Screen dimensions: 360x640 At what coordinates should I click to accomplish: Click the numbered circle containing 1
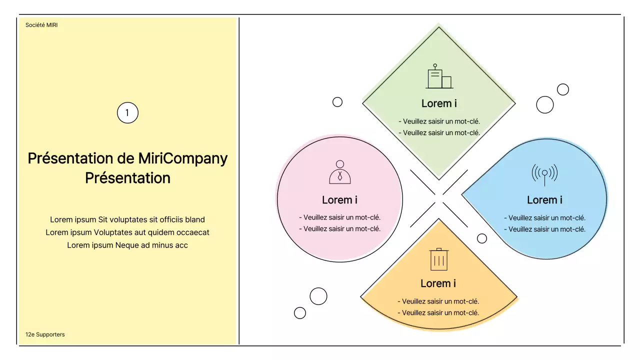click(x=127, y=113)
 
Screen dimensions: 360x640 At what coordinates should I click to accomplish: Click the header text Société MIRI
click(x=41, y=24)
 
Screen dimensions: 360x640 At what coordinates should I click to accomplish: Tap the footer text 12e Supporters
click(x=45, y=334)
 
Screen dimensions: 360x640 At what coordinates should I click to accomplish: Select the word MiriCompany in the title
click(x=183, y=158)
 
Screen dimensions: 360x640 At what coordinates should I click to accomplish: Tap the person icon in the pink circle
click(x=340, y=172)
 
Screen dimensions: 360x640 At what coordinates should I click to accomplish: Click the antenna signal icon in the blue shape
click(x=544, y=173)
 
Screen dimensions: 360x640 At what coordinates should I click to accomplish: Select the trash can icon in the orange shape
click(x=439, y=259)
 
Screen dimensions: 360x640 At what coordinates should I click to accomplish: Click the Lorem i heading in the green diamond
click(x=439, y=103)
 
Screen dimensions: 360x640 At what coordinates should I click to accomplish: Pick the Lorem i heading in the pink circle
click(x=339, y=200)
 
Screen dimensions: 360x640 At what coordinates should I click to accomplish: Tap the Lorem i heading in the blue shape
click(x=544, y=200)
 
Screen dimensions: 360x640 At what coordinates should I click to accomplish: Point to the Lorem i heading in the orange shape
click(x=438, y=283)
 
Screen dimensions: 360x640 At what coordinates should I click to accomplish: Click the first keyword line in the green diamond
click(x=439, y=121)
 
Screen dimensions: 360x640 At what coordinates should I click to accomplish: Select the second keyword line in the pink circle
click(x=339, y=229)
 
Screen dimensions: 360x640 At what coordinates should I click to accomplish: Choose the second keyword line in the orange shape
click(x=438, y=313)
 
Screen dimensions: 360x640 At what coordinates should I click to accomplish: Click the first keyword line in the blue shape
click(x=544, y=218)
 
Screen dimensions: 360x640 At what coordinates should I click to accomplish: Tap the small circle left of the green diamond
click(x=337, y=102)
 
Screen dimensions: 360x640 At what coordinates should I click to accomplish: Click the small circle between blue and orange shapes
click(x=482, y=238)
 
